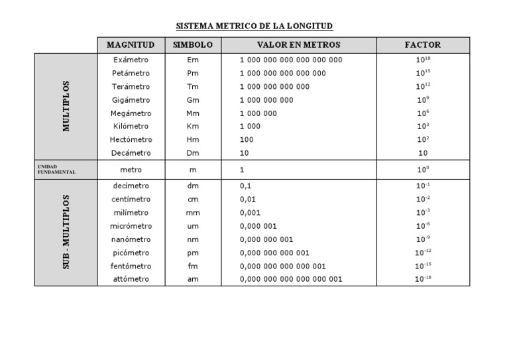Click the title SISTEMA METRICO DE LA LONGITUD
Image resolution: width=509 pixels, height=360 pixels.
pyautogui.click(x=254, y=27)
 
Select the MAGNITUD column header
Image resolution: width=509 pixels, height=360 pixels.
pyautogui.click(x=131, y=45)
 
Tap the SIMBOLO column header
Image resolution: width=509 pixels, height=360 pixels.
pyautogui.click(x=193, y=45)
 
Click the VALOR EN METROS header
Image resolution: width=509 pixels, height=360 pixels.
pyautogui.click(x=299, y=45)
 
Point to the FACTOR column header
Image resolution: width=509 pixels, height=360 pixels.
pyautogui.click(x=423, y=45)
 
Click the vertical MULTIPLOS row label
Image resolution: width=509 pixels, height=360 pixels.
pyautogui.click(x=66, y=106)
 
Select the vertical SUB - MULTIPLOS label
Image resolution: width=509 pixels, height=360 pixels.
pyautogui.click(x=66, y=232)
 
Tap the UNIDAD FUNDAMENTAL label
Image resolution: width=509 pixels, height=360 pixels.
pyautogui.click(x=56, y=169)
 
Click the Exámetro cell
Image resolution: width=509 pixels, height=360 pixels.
pyautogui.click(x=131, y=60)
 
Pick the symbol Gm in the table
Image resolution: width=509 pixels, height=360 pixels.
pyautogui.click(x=193, y=100)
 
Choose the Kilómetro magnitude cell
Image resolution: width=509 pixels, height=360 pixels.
pyautogui.click(x=131, y=127)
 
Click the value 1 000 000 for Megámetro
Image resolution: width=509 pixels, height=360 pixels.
pyautogui.click(x=258, y=113)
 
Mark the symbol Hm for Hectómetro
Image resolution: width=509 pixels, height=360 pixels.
pyautogui.click(x=193, y=140)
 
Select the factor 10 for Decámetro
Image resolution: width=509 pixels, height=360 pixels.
pyautogui.click(x=423, y=153)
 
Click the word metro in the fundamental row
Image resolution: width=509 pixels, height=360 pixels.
pyautogui.click(x=131, y=170)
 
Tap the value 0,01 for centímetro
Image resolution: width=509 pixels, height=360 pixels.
pyautogui.click(x=248, y=200)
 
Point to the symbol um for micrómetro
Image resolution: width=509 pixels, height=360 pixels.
pyautogui.click(x=193, y=226)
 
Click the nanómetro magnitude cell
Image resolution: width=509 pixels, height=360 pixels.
pyautogui.click(x=131, y=239)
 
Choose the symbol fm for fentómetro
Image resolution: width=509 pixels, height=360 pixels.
pyautogui.click(x=193, y=266)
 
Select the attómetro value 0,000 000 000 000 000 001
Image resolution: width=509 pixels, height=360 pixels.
pyautogui.click(x=291, y=279)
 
